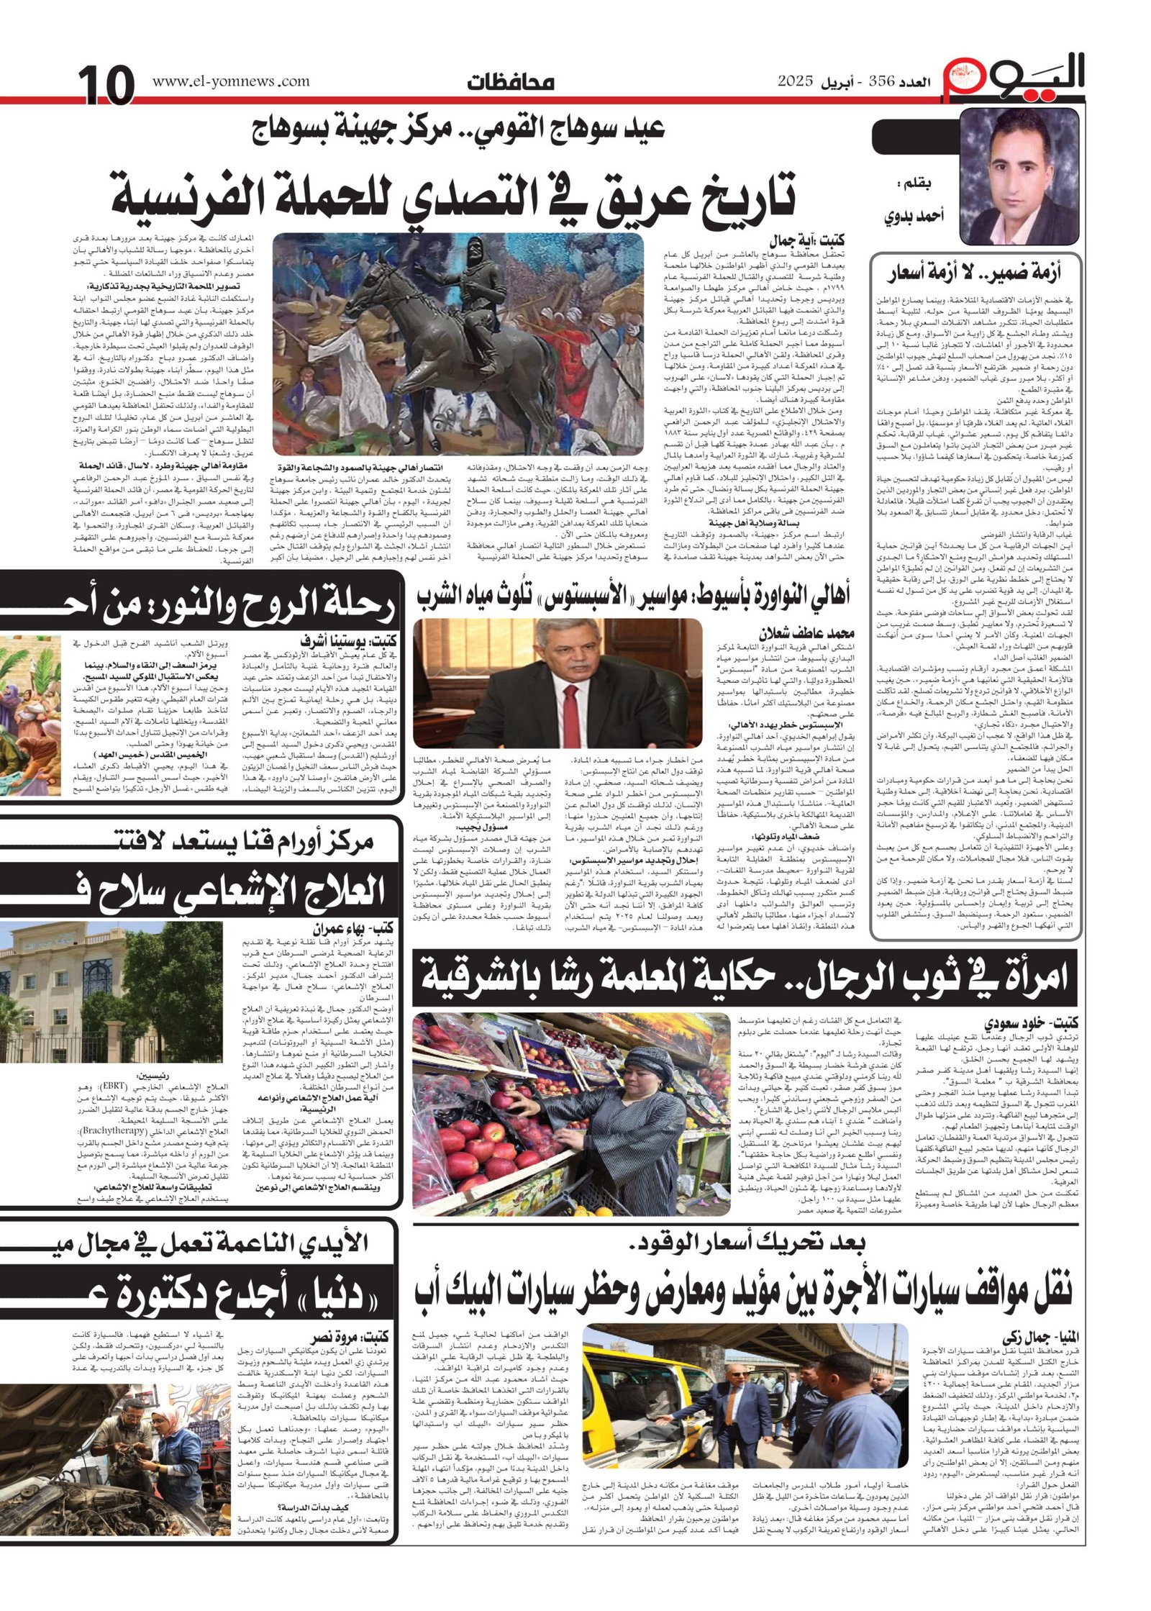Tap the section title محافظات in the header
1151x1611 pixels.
[x=509, y=82]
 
